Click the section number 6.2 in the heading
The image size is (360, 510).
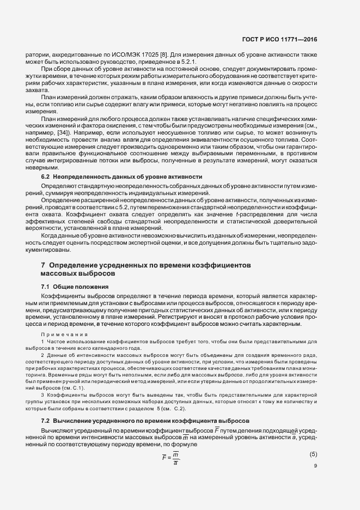pos(46,178)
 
